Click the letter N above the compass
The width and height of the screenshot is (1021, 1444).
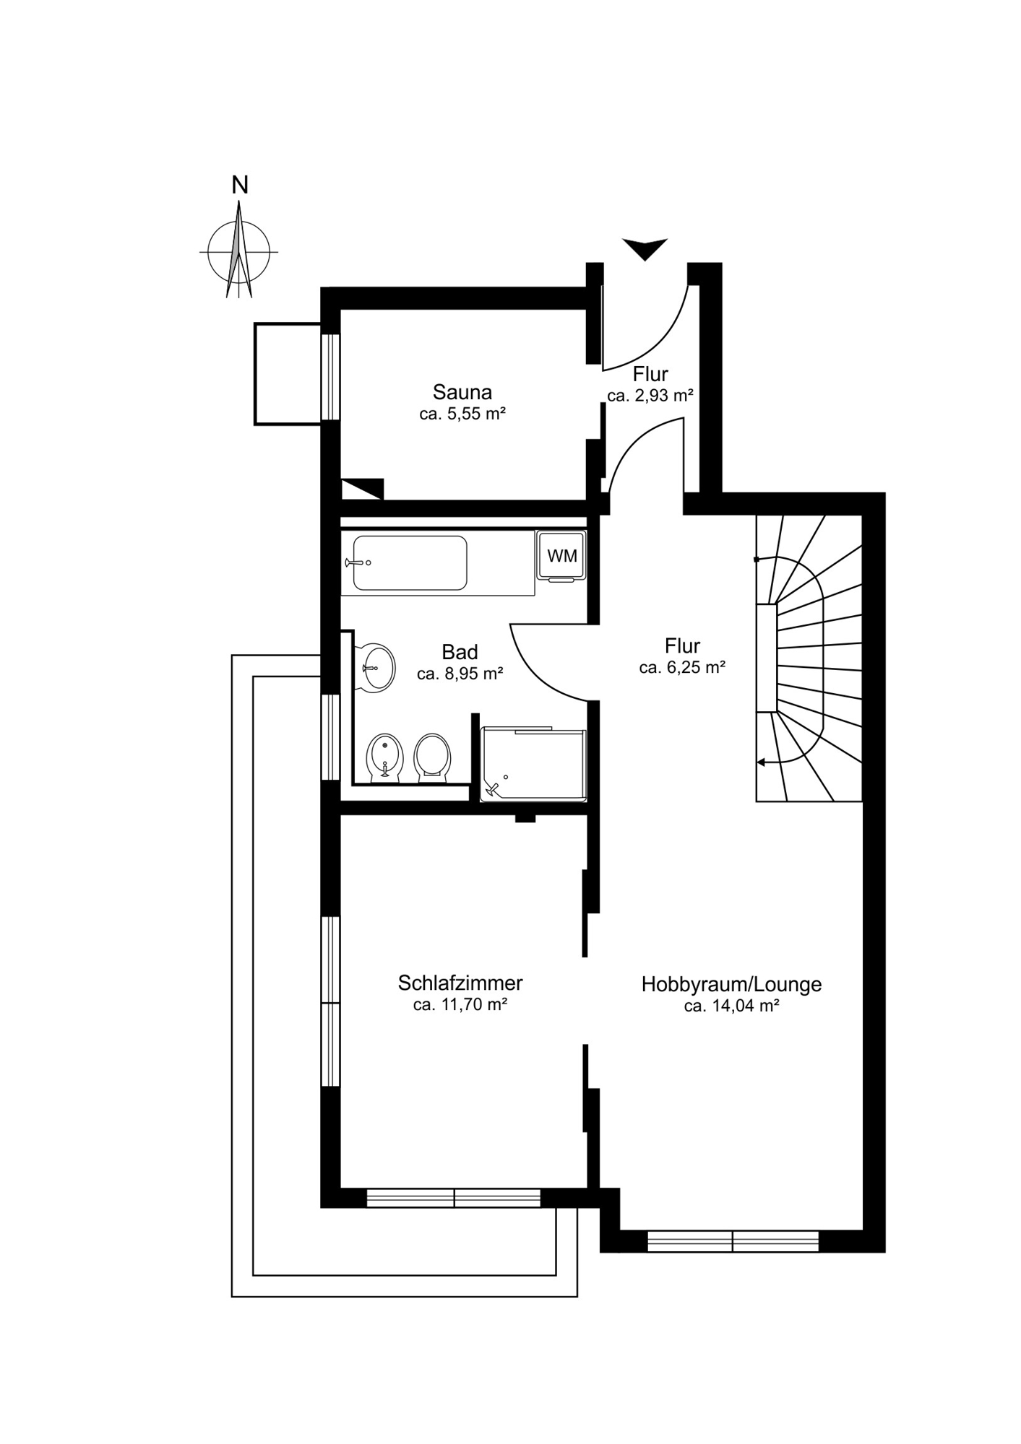pyautogui.click(x=240, y=186)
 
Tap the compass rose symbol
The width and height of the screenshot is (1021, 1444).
pyautogui.click(x=238, y=251)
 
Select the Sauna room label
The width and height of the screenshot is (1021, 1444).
pyautogui.click(x=462, y=392)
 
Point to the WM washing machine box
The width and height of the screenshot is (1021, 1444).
pyautogui.click(x=561, y=556)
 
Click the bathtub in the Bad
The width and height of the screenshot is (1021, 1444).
pyautogui.click(x=410, y=562)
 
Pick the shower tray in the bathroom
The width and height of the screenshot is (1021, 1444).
pyautogui.click(x=533, y=765)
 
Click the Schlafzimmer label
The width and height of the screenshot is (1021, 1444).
pyautogui.click(x=460, y=983)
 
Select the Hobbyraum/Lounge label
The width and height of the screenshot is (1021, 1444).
pyautogui.click(x=731, y=984)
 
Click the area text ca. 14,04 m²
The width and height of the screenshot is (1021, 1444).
pyautogui.click(x=731, y=1006)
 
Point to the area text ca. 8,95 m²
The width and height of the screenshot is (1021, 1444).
pyautogui.click(x=460, y=674)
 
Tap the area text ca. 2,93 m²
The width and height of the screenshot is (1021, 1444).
pyautogui.click(x=650, y=396)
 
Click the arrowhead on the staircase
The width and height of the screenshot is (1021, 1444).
pyautogui.click(x=762, y=762)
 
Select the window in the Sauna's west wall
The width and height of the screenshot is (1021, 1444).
pyautogui.click(x=330, y=376)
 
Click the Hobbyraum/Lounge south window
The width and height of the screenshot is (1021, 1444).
pyautogui.click(x=733, y=1241)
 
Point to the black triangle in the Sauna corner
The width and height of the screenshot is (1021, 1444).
pyautogui.click(x=361, y=489)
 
